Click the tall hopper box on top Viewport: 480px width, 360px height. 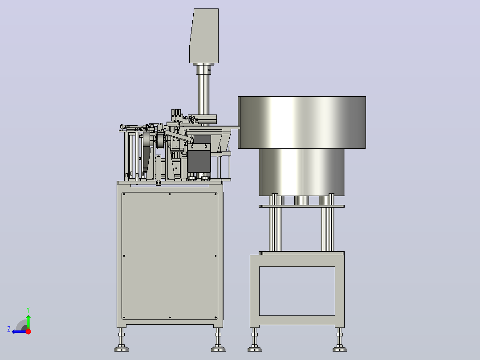click(204, 36)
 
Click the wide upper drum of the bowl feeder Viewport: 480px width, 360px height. click(302, 123)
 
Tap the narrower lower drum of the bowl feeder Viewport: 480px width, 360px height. click(302, 172)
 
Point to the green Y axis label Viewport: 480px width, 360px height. click(28, 310)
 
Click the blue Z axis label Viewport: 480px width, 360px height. click(9, 329)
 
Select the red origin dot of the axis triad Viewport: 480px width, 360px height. click(28, 331)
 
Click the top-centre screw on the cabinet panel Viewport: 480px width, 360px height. click(170, 194)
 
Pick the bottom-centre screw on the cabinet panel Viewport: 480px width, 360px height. click(170, 317)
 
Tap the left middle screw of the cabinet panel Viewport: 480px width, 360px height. click(124, 256)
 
